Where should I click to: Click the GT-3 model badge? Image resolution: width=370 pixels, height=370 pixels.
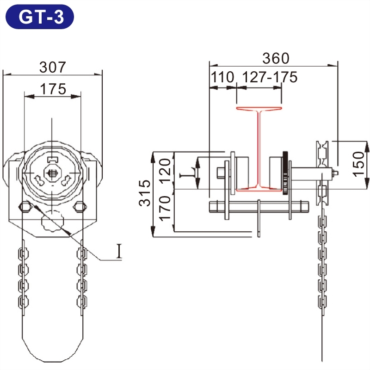point(40,17)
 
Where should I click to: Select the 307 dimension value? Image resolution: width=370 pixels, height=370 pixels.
point(52,68)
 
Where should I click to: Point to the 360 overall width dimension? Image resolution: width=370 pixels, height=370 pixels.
point(275,58)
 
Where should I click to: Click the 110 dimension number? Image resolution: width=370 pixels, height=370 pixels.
point(222,77)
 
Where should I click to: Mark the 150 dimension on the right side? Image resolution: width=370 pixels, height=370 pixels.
point(361,163)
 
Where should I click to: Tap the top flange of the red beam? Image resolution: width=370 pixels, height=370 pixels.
point(259,109)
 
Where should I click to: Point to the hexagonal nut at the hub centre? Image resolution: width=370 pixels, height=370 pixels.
point(52,174)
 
